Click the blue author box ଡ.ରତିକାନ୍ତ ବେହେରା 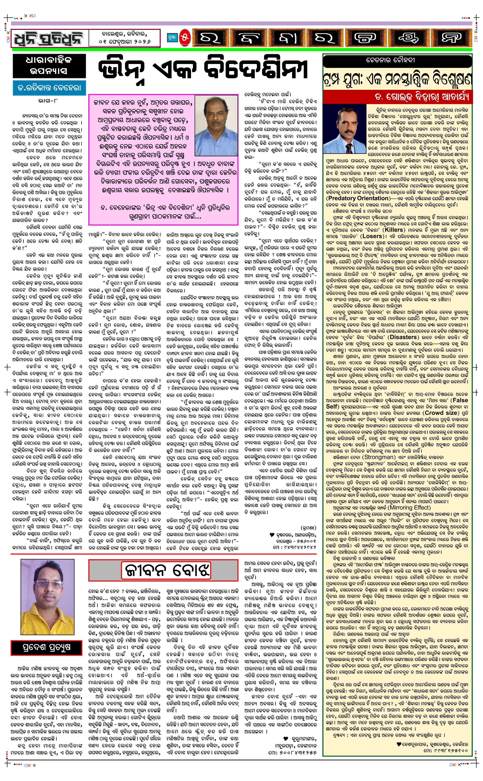pos(49,88)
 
